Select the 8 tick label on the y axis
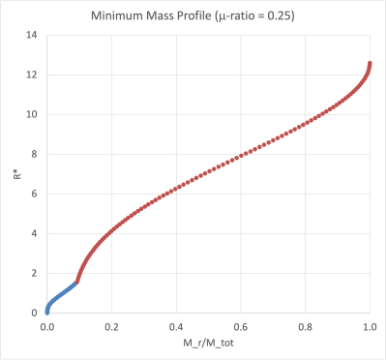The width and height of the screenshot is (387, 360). [x=33, y=154]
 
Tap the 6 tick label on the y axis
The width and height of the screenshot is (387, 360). [x=33, y=194]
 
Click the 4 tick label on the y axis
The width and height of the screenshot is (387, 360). [x=33, y=233]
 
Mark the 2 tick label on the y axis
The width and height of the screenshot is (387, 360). [x=33, y=273]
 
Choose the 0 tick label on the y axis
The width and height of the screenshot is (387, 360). [x=33, y=313]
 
